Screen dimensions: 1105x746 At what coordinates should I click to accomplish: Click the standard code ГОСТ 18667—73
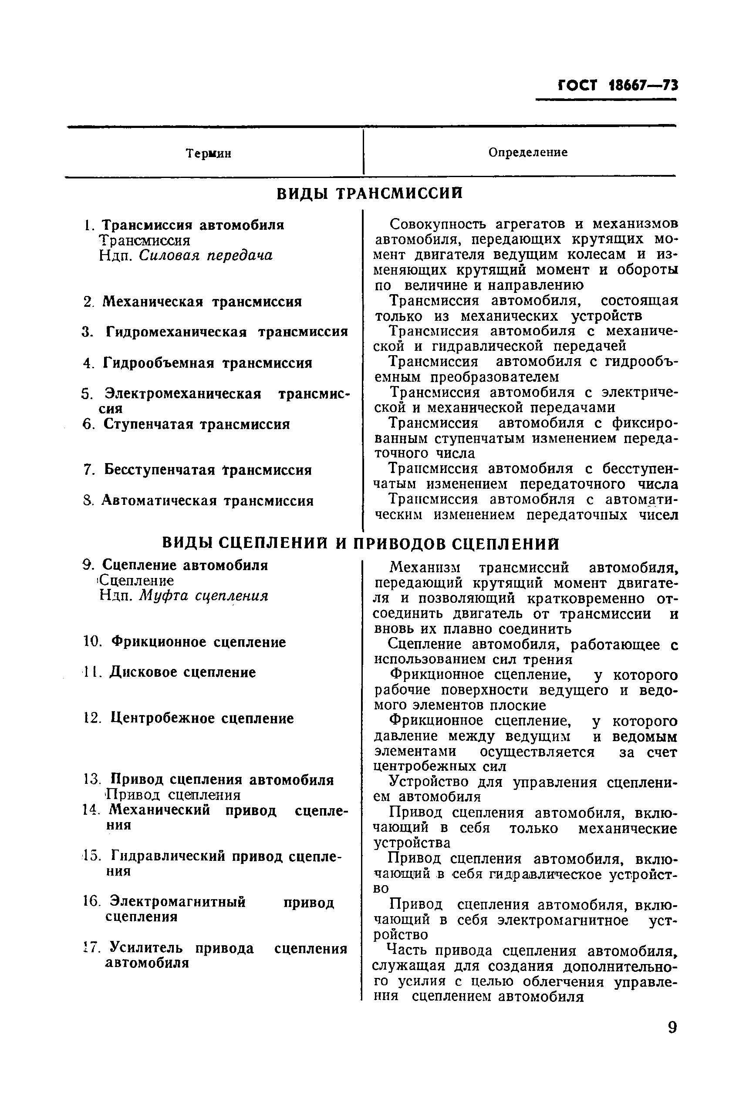pyautogui.click(x=617, y=86)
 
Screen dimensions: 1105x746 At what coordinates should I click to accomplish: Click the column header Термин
pyautogui.click(x=209, y=154)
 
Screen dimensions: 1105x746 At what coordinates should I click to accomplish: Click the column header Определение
pyautogui.click(x=528, y=152)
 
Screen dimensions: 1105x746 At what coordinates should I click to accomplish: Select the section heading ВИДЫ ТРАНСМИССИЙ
pyautogui.click(x=370, y=194)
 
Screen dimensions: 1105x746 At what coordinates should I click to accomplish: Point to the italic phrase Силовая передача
pyautogui.click(x=206, y=256)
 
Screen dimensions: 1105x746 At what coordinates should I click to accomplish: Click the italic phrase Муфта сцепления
pyautogui.click(x=204, y=596)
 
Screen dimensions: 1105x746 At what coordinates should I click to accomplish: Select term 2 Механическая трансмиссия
pyautogui.click(x=202, y=302)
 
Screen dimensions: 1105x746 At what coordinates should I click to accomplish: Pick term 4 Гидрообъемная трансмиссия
pyautogui.click(x=207, y=363)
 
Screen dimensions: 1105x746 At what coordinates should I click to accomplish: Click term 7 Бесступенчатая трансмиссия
pyautogui.click(x=207, y=470)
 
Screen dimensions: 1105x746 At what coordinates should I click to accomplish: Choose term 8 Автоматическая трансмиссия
pyautogui.click(x=207, y=501)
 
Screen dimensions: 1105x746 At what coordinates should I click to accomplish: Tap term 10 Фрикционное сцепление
pyautogui.click(x=199, y=642)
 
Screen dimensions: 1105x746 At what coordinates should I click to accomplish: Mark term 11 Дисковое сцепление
pyautogui.click(x=183, y=672)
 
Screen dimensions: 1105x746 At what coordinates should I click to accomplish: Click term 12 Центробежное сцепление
pyautogui.click(x=202, y=718)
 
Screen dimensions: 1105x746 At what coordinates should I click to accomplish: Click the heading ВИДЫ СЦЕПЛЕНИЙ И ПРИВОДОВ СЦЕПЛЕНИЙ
pyautogui.click(x=361, y=543)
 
